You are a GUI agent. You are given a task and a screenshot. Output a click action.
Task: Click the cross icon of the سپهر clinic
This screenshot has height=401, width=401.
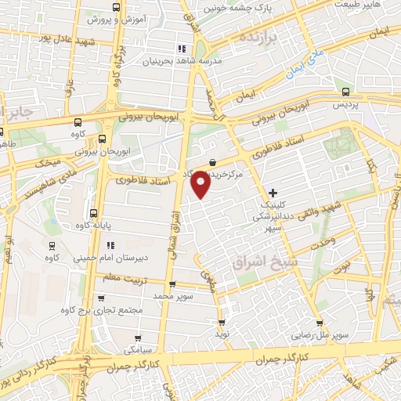point(273,193)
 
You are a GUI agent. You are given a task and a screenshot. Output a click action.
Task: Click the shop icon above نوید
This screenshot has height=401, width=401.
point(222,321)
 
